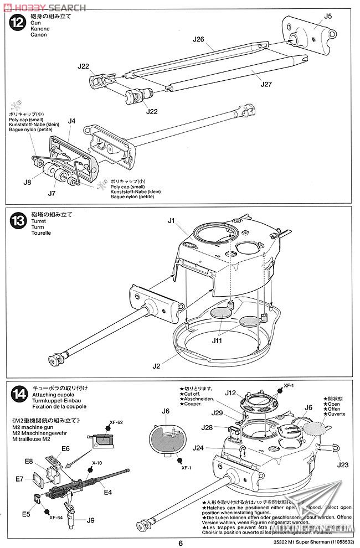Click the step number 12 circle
pos(18,23)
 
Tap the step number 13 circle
pos(18,220)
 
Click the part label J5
pos(328,16)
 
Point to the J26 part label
pos(199,39)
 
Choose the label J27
pos(267,85)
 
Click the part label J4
pos(71,121)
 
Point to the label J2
pos(156,366)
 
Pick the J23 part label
pos(344,465)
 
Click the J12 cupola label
pos(231,393)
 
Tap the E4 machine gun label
pos(107,492)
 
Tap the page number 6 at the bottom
pos(180,542)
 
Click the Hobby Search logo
pos(44,7)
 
